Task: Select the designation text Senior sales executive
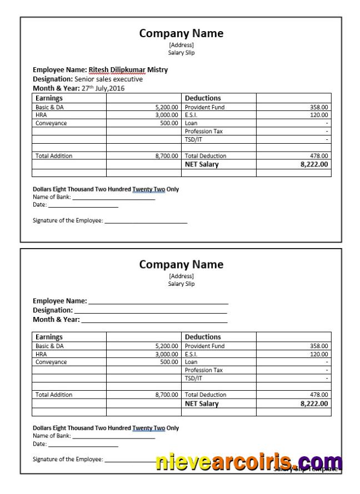[108, 79]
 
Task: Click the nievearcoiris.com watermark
[248, 462]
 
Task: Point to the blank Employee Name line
[158, 301]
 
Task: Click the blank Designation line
[151, 311]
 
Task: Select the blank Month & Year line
[154, 320]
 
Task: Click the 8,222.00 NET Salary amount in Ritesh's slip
[314, 164]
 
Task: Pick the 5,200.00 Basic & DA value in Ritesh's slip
[167, 107]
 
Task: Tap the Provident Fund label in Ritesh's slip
[204, 107]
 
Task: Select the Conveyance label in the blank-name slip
[51, 362]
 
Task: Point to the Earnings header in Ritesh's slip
[49, 98]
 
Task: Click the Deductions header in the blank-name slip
[203, 337]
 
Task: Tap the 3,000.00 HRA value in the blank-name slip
[167, 354]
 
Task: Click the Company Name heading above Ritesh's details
[181, 33]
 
